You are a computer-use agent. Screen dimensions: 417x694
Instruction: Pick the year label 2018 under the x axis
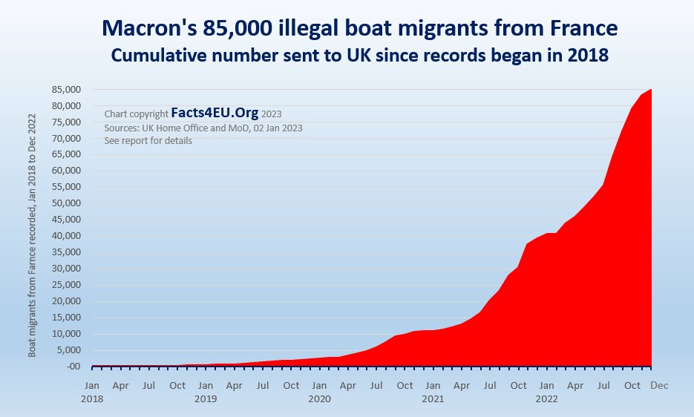pos(93,398)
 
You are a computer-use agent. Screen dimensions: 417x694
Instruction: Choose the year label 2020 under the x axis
pos(320,398)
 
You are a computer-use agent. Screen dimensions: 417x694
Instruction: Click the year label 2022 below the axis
pos(547,398)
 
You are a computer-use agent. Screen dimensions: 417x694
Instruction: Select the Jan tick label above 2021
pos(433,386)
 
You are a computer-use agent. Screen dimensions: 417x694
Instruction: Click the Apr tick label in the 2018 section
pos(120,386)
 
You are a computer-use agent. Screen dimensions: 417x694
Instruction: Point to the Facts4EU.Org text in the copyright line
pos(215,114)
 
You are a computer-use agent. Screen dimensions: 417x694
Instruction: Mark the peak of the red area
pos(650,90)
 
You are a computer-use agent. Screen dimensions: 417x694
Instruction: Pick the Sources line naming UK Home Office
pos(203,128)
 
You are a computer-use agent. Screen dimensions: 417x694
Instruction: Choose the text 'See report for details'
pos(148,140)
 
